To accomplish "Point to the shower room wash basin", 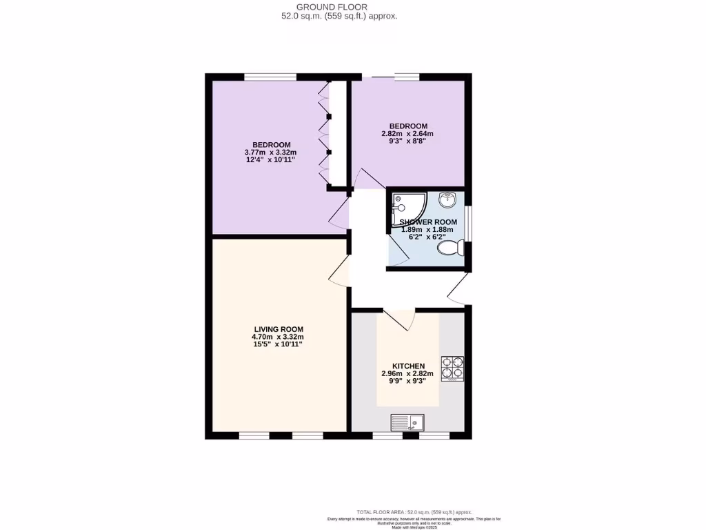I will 447,200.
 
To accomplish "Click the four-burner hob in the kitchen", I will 452,369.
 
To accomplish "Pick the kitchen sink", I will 407,421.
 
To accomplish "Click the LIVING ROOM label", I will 279,329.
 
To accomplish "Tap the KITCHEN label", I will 409,366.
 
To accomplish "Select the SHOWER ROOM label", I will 428,222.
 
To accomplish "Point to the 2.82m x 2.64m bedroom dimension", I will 407,134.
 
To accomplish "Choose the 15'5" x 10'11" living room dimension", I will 279,344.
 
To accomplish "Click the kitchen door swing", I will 399,319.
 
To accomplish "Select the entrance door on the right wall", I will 458,288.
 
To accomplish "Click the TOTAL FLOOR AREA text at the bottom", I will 414,512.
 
